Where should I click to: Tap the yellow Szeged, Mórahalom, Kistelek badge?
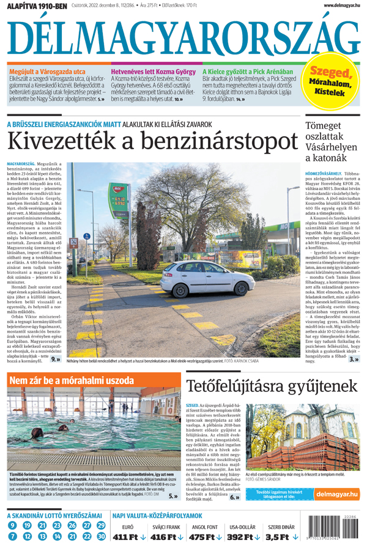(333, 81)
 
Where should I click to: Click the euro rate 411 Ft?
(130, 537)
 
